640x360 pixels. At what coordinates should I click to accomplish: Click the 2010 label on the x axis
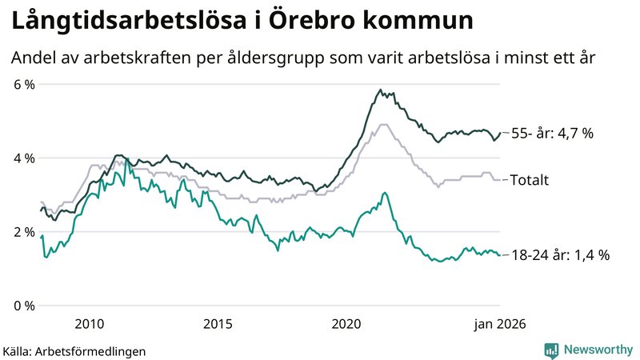click(89, 323)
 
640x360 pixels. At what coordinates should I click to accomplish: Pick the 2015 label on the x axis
click(218, 323)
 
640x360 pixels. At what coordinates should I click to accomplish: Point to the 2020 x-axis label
click(346, 323)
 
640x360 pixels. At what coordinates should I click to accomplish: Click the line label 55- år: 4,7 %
click(551, 134)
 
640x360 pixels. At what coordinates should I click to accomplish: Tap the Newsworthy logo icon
click(551, 350)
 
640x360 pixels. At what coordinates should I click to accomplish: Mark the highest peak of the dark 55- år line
click(381, 90)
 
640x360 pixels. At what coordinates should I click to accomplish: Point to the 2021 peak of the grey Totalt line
click(383, 125)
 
